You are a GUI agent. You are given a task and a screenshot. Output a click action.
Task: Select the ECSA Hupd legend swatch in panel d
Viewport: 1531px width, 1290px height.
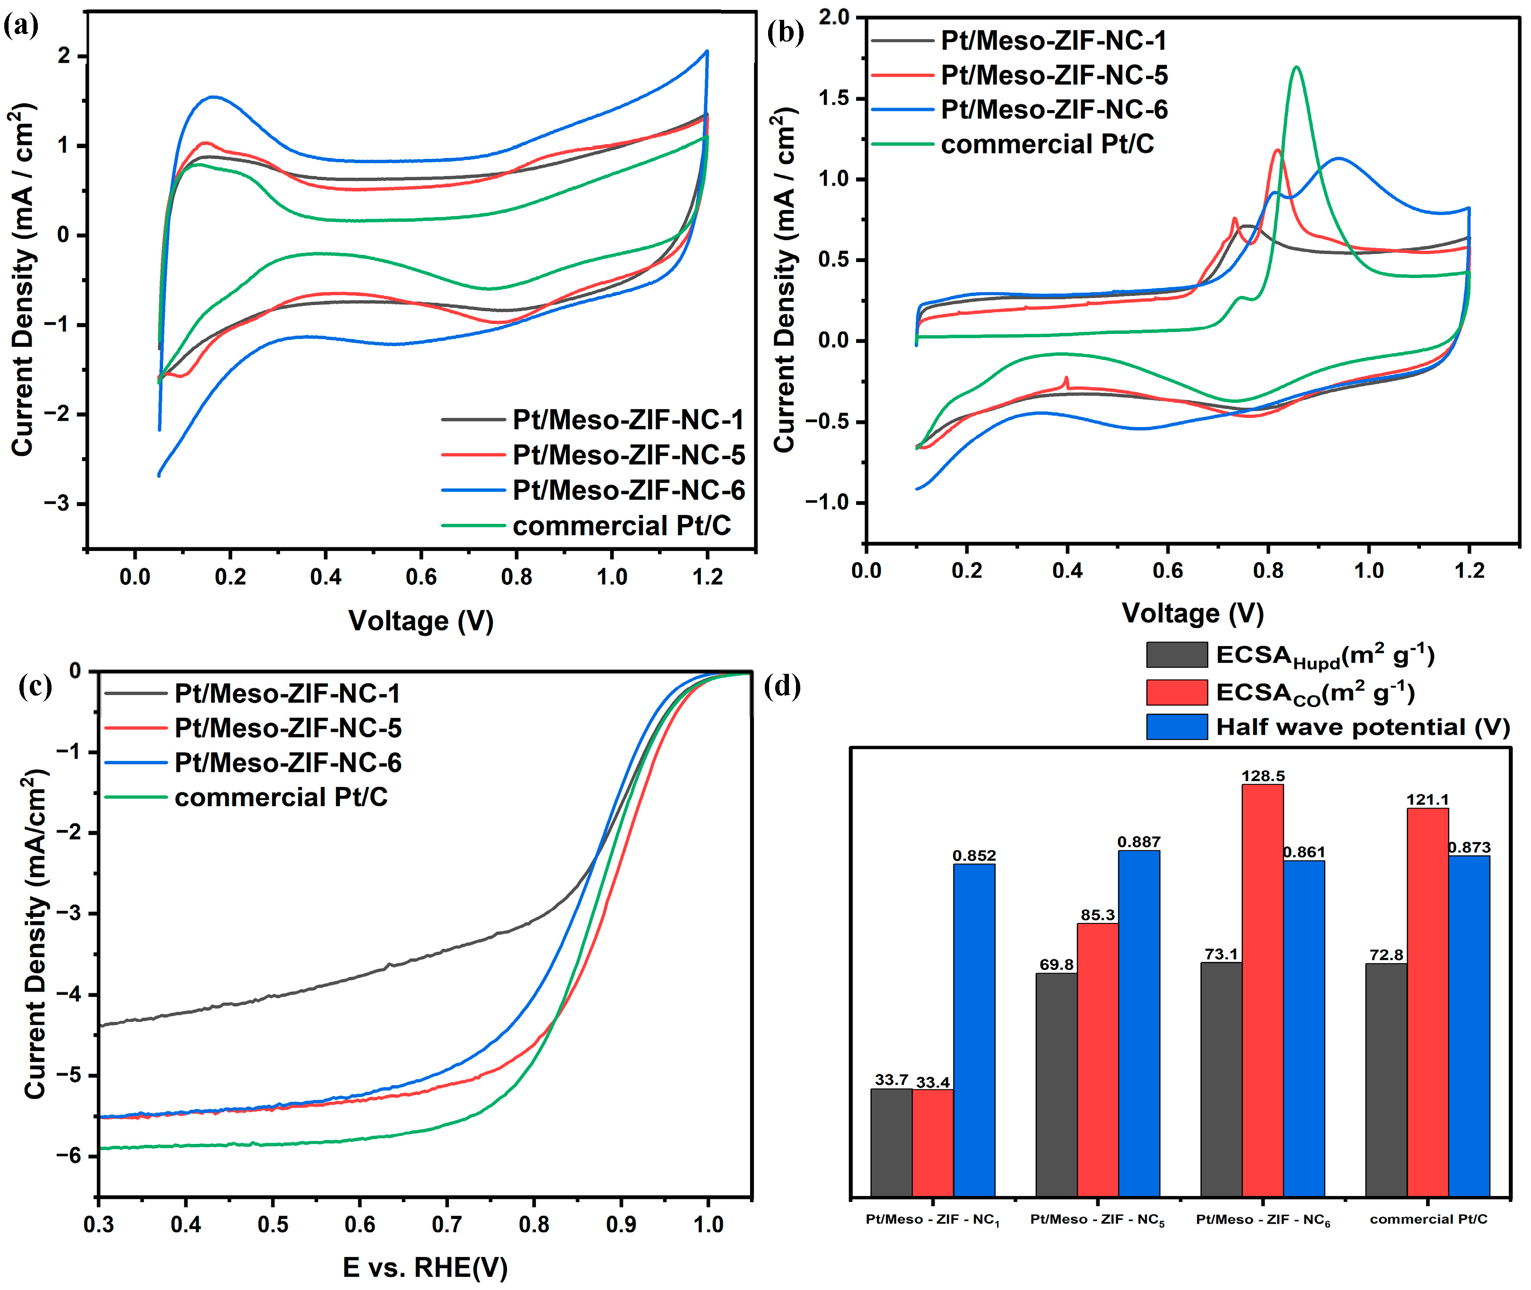tap(1176, 654)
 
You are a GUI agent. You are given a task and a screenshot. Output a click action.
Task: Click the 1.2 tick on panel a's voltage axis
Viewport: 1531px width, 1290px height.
tap(707, 577)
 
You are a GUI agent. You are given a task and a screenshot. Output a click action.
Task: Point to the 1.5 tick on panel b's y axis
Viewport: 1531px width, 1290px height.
tap(835, 99)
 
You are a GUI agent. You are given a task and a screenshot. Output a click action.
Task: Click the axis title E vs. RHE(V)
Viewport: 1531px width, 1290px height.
tap(424, 1267)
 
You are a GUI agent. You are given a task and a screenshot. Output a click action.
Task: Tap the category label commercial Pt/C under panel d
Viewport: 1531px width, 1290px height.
tap(1428, 1219)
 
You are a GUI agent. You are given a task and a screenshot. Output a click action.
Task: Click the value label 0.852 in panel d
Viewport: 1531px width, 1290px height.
tap(974, 855)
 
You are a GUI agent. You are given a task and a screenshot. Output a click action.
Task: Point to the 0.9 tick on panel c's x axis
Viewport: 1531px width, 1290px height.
tap(621, 1224)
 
